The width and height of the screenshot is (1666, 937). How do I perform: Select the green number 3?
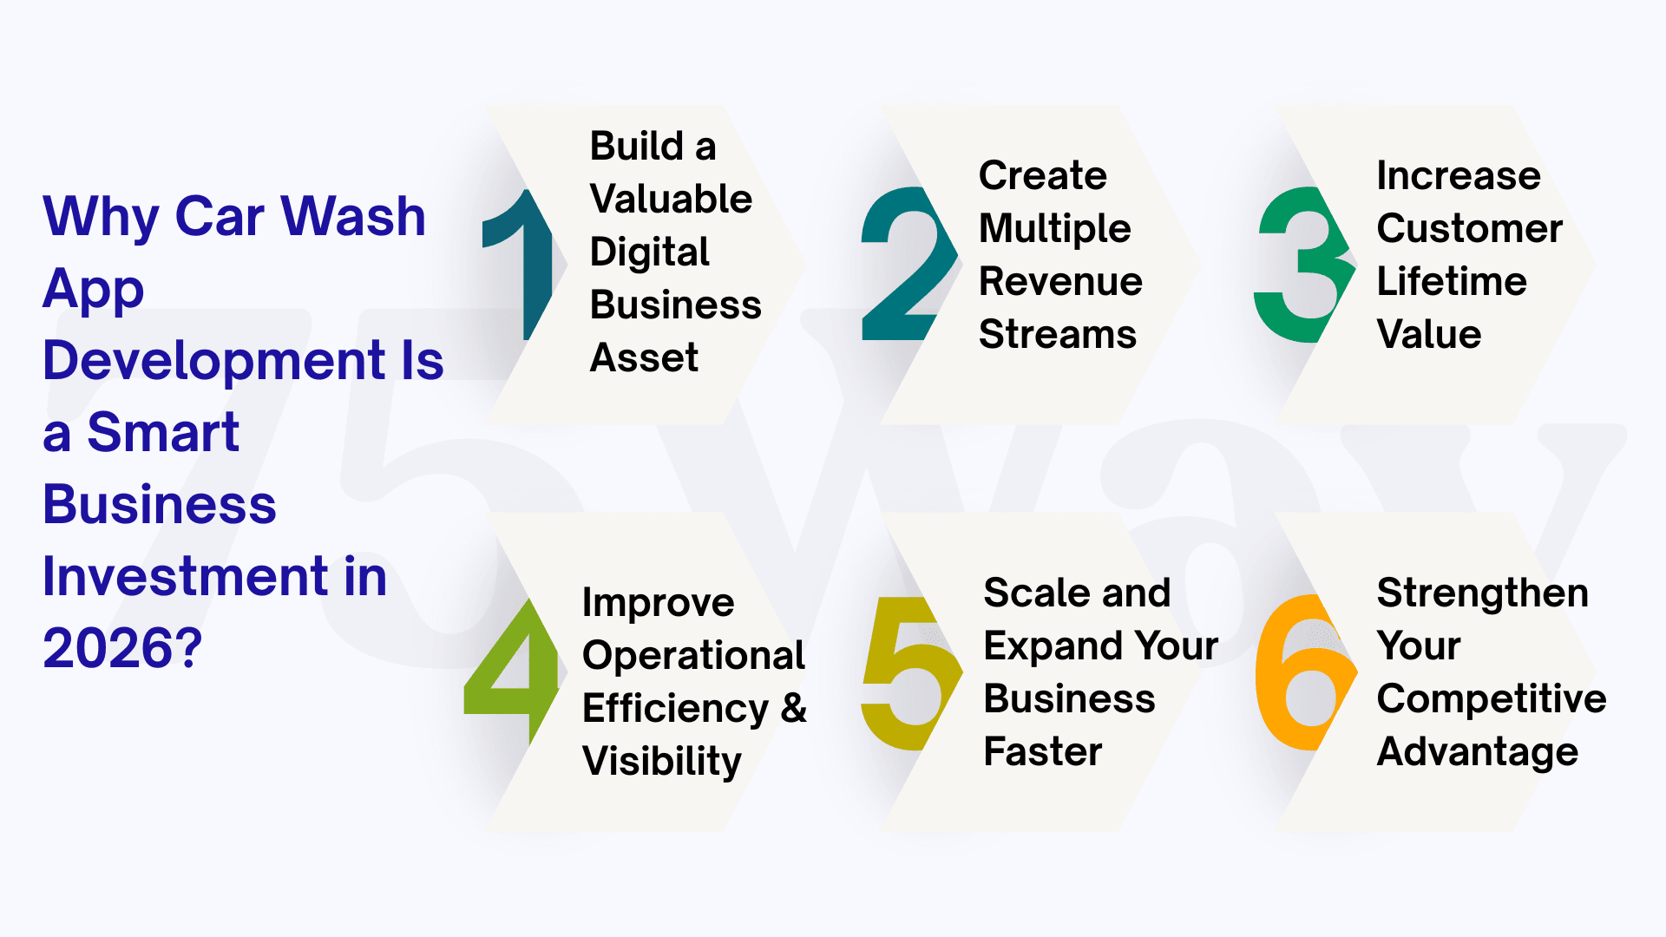pos(1302,265)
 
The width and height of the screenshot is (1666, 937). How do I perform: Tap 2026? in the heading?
pos(122,648)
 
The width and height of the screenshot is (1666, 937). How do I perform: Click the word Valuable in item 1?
pos(671,199)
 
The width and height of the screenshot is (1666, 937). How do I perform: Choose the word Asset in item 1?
pos(644,357)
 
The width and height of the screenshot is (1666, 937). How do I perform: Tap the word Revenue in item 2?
pos(1060,281)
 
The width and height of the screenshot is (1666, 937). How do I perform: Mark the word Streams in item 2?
pos(1058,334)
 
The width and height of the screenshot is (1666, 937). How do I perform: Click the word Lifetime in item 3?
pos(1452,281)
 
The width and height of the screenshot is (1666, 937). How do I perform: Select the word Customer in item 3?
pos(1470,228)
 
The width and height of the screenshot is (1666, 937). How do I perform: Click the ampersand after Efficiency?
pos(793,708)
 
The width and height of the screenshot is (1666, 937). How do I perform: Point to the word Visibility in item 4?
pos(662,762)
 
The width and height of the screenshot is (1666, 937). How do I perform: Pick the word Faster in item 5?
pos(1043,751)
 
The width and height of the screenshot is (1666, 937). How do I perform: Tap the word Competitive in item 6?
pos(1492,699)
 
